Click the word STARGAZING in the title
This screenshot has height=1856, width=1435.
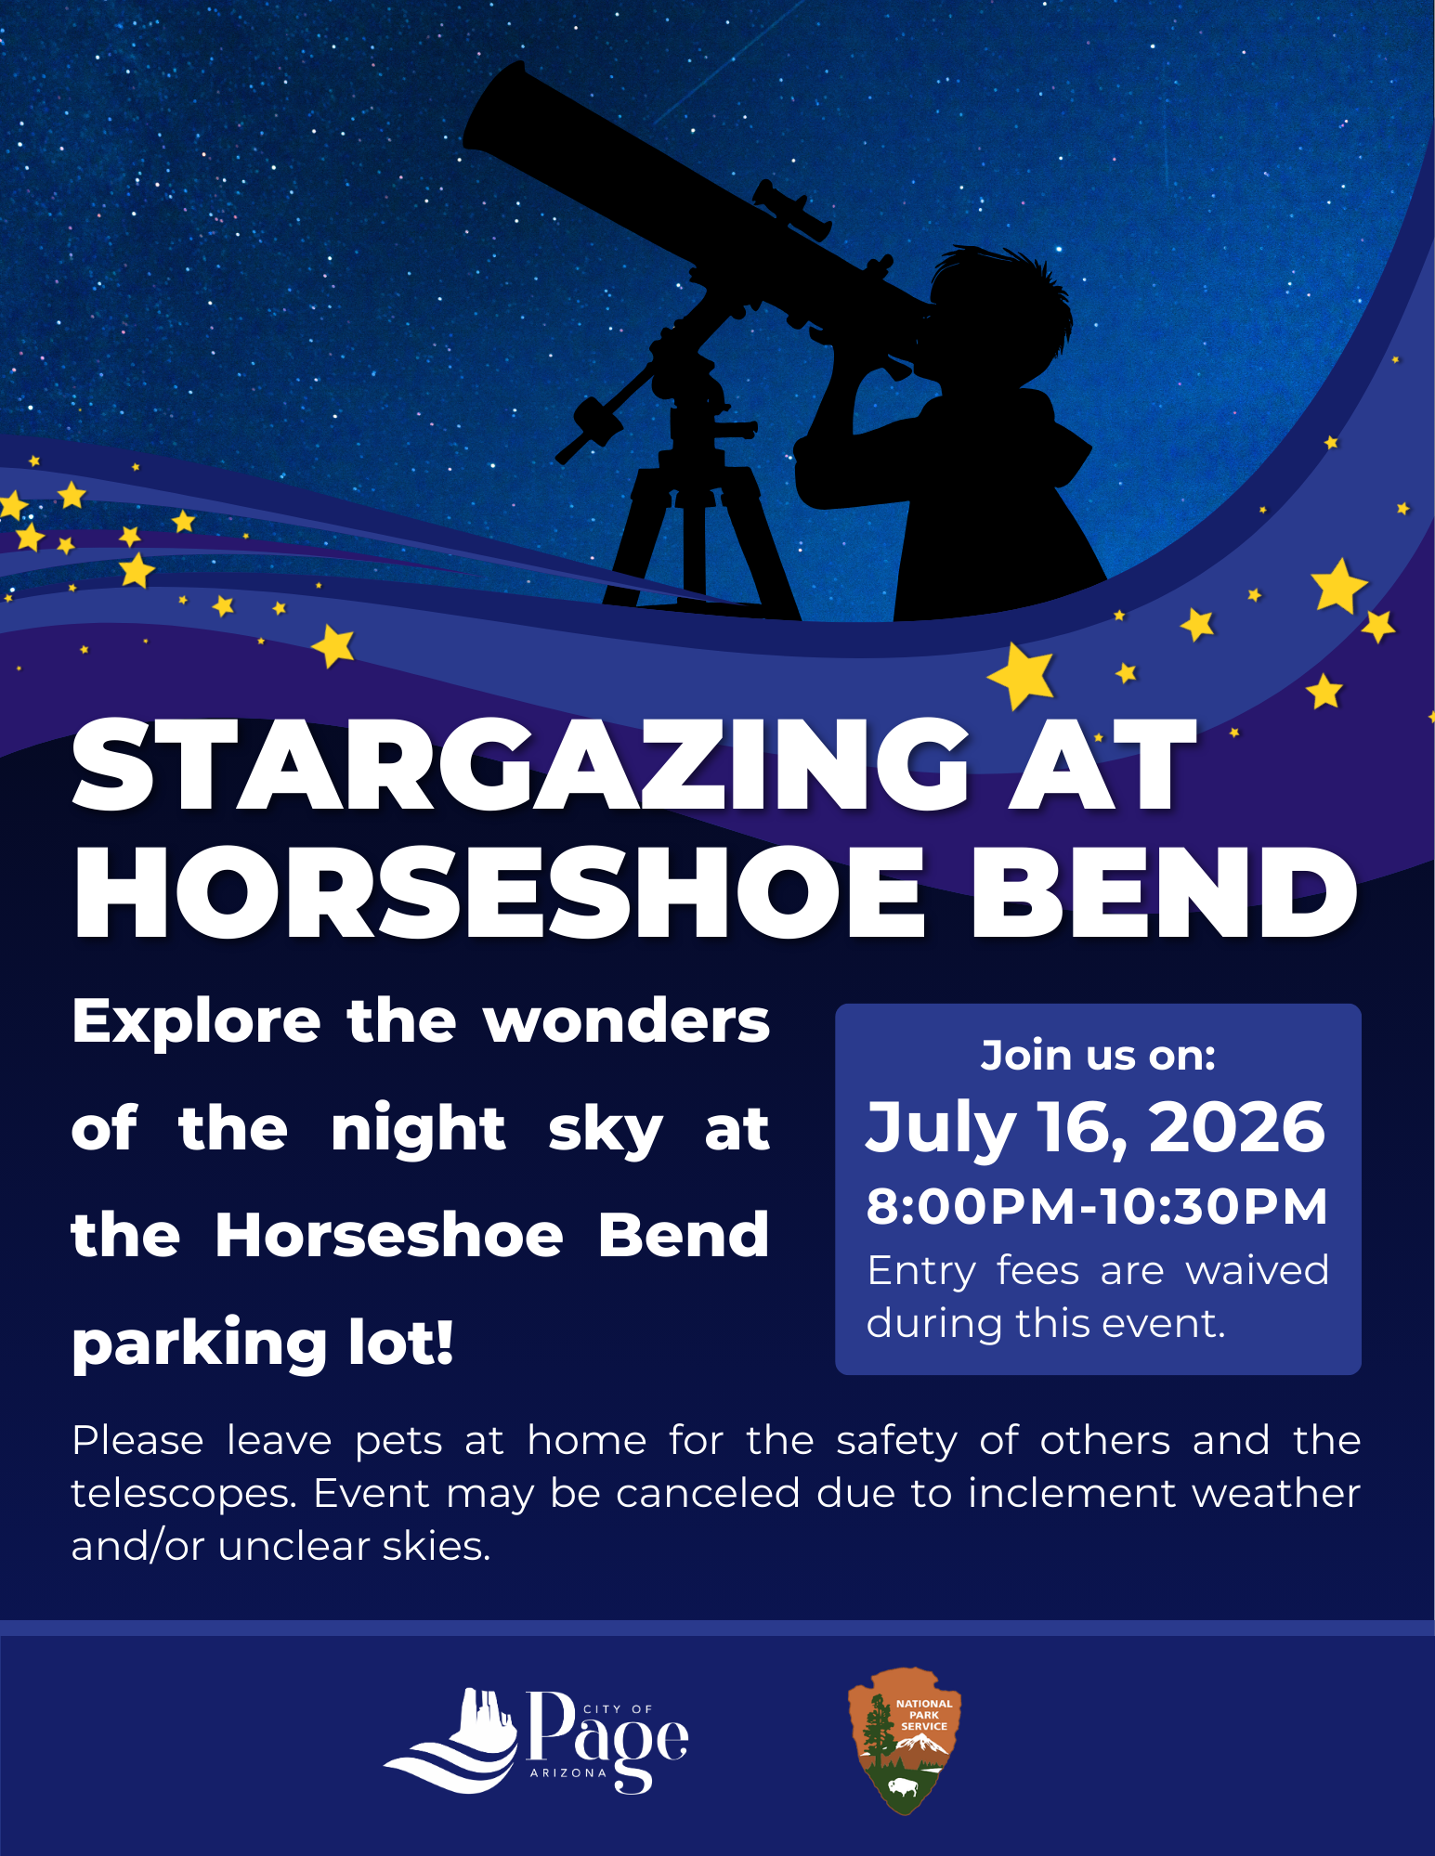521,766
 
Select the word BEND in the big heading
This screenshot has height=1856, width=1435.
1164,893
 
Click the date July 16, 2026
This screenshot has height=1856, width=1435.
1096,1127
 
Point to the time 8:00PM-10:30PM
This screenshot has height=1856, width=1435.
1097,1206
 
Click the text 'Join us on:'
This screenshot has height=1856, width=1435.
1098,1056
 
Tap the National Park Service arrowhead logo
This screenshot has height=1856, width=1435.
905,1740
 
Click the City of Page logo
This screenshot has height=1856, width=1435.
536,1740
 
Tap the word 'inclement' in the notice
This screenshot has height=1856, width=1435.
1071,1493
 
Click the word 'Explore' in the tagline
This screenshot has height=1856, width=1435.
196,1022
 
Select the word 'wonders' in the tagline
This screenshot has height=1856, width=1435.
627,1021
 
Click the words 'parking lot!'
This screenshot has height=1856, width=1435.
263,1343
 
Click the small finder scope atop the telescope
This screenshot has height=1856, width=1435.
792,208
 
